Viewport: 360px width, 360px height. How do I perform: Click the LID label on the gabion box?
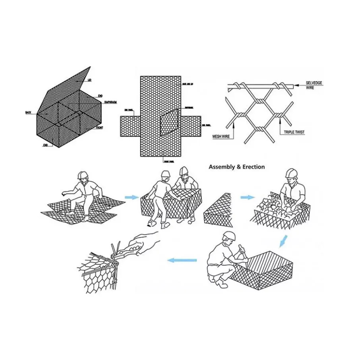90,81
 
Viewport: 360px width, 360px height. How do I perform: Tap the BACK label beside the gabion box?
28,113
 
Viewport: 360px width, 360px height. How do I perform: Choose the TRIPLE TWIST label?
295,132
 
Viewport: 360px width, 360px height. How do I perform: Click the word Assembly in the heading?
222,167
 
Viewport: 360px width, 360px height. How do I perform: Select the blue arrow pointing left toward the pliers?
182,260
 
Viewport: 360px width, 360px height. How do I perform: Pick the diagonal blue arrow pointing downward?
283,240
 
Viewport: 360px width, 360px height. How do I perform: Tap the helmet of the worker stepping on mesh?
82,175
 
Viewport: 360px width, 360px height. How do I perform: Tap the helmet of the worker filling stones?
292,173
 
